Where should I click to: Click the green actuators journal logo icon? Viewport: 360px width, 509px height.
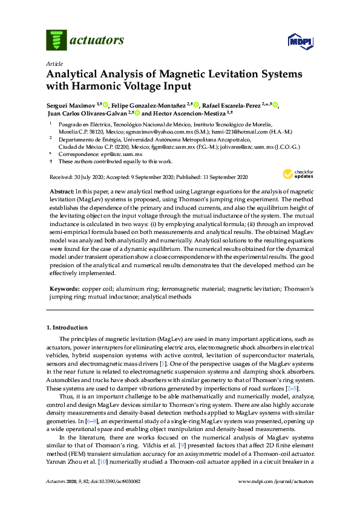(56, 41)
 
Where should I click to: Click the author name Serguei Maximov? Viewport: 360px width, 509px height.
(68, 105)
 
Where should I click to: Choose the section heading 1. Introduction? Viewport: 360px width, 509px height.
(68, 328)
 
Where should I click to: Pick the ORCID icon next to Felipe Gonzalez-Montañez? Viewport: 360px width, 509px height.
(196, 105)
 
